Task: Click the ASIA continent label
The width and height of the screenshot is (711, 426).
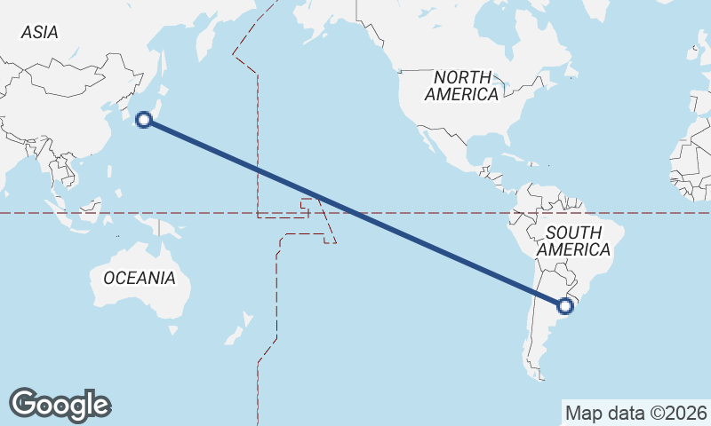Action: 40,32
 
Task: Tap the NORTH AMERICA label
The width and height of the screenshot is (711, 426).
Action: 461,85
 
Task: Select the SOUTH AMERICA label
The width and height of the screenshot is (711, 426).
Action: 579,241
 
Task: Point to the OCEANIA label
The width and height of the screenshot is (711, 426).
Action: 140,278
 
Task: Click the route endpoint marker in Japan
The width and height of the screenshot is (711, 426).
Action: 144,120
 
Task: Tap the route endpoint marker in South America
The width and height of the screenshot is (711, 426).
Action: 565,306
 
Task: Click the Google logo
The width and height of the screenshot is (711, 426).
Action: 60,404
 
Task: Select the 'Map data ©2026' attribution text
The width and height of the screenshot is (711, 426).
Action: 636,413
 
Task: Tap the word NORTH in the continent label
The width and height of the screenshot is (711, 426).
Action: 462,77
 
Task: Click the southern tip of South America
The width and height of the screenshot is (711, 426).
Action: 538,374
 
